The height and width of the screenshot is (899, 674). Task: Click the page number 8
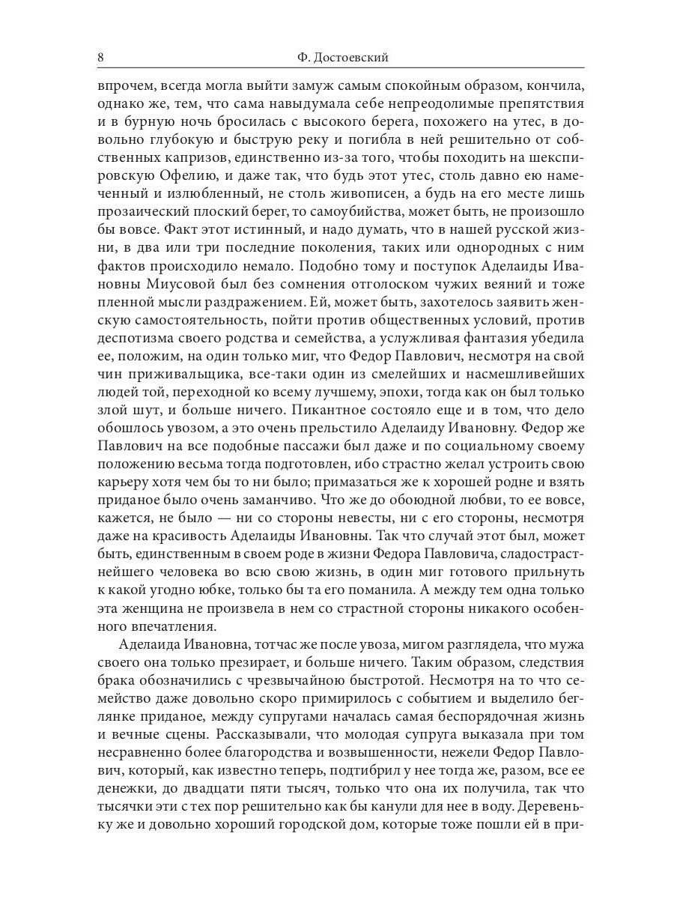101,58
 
